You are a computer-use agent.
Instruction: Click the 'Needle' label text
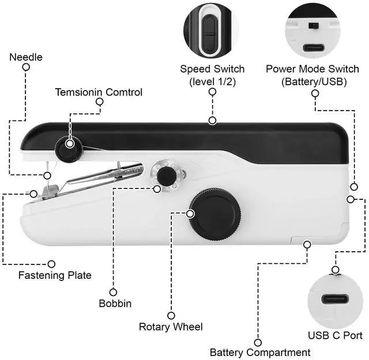click(x=25, y=57)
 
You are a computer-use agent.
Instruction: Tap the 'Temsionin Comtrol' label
click(x=99, y=92)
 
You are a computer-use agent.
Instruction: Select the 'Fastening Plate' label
click(x=55, y=275)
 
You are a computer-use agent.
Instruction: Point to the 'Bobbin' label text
click(x=115, y=304)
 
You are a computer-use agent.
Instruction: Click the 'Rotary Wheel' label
click(x=171, y=327)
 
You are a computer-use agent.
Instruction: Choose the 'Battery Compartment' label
click(x=259, y=352)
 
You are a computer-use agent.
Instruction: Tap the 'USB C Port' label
click(x=336, y=335)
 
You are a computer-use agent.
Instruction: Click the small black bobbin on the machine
click(x=167, y=176)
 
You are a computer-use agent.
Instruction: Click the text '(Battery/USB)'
click(x=314, y=82)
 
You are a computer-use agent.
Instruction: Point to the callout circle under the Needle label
click(x=26, y=67)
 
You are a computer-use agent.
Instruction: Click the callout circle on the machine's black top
click(x=213, y=120)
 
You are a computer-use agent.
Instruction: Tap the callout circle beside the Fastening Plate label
click(x=51, y=264)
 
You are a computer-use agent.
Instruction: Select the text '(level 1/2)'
click(x=212, y=82)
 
